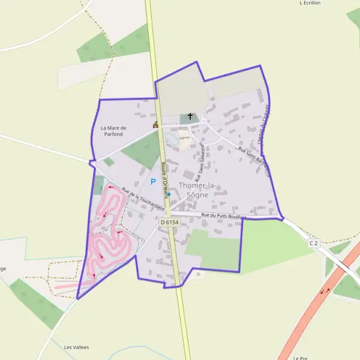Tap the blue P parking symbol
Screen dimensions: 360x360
(153, 181)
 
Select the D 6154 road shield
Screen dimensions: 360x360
(170, 222)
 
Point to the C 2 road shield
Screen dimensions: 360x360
(313, 242)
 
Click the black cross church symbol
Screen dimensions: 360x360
(191, 116)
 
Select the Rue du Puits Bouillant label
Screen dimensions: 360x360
(224, 215)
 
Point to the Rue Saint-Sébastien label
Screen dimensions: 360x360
(200, 157)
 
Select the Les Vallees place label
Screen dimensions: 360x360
(76, 347)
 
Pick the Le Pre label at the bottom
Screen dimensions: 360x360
(301, 358)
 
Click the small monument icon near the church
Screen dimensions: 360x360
(155, 125)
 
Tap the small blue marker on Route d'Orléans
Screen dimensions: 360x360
(169, 194)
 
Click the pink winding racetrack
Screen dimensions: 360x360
(108, 234)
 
